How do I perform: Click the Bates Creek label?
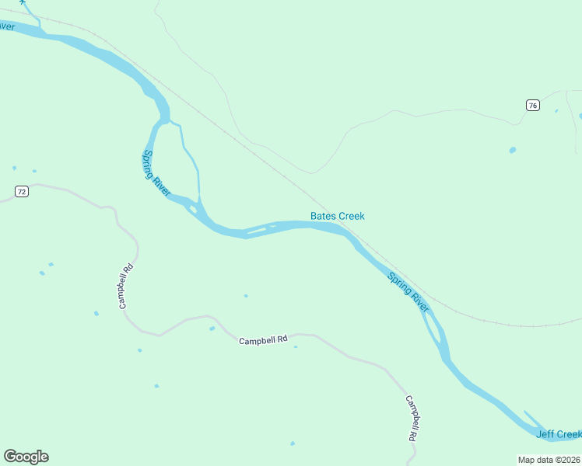coord(337,216)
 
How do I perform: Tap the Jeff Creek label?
coord(559,433)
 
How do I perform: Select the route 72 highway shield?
coord(22,191)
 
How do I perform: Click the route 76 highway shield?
coord(532,106)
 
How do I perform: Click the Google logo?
coord(26,457)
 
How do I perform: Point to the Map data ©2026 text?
coord(549,460)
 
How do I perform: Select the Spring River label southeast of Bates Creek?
coord(408,291)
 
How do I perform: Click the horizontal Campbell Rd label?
coord(263,340)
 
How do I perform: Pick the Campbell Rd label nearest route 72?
coord(127,287)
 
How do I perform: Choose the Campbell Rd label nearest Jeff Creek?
coord(412,419)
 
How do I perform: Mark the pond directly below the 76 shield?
coord(512,150)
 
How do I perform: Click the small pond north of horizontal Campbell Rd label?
coord(246,296)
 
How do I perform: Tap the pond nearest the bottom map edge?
coord(293,443)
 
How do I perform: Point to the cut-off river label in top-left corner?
coord(6,26)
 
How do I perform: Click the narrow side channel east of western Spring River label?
coord(191,159)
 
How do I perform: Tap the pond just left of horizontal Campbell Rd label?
coord(212,329)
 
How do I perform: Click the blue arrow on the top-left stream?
coord(23,2)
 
